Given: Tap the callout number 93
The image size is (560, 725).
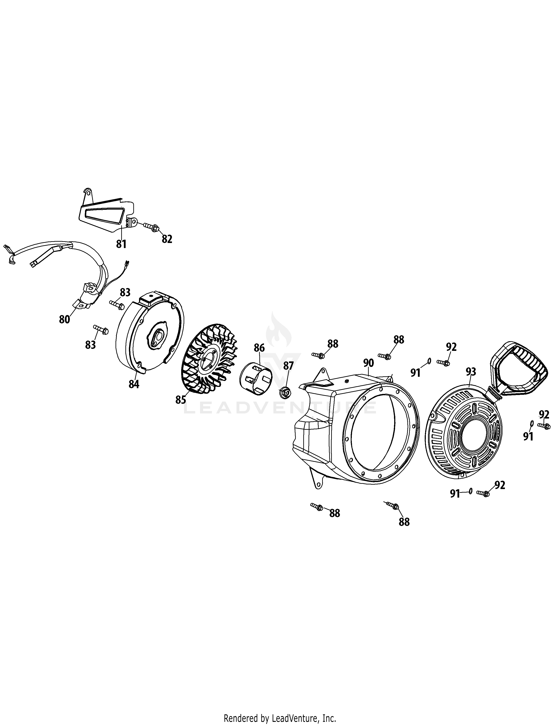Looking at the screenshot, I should pos(471,372).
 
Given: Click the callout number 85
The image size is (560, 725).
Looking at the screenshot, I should pos(181,400).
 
